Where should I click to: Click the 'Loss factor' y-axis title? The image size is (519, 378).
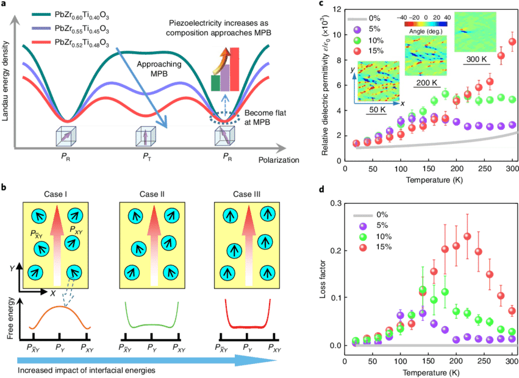pyautogui.click(x=323, y=274)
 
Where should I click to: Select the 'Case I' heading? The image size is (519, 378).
pyautogui.click(x=55, y=194)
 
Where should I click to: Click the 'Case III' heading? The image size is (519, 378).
pyautogui.click(x=245, y=194)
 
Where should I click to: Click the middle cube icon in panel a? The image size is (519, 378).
pyautogui.click(x=146, y=135)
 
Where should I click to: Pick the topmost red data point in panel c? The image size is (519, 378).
pyautogui.click(x=512, y=42)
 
